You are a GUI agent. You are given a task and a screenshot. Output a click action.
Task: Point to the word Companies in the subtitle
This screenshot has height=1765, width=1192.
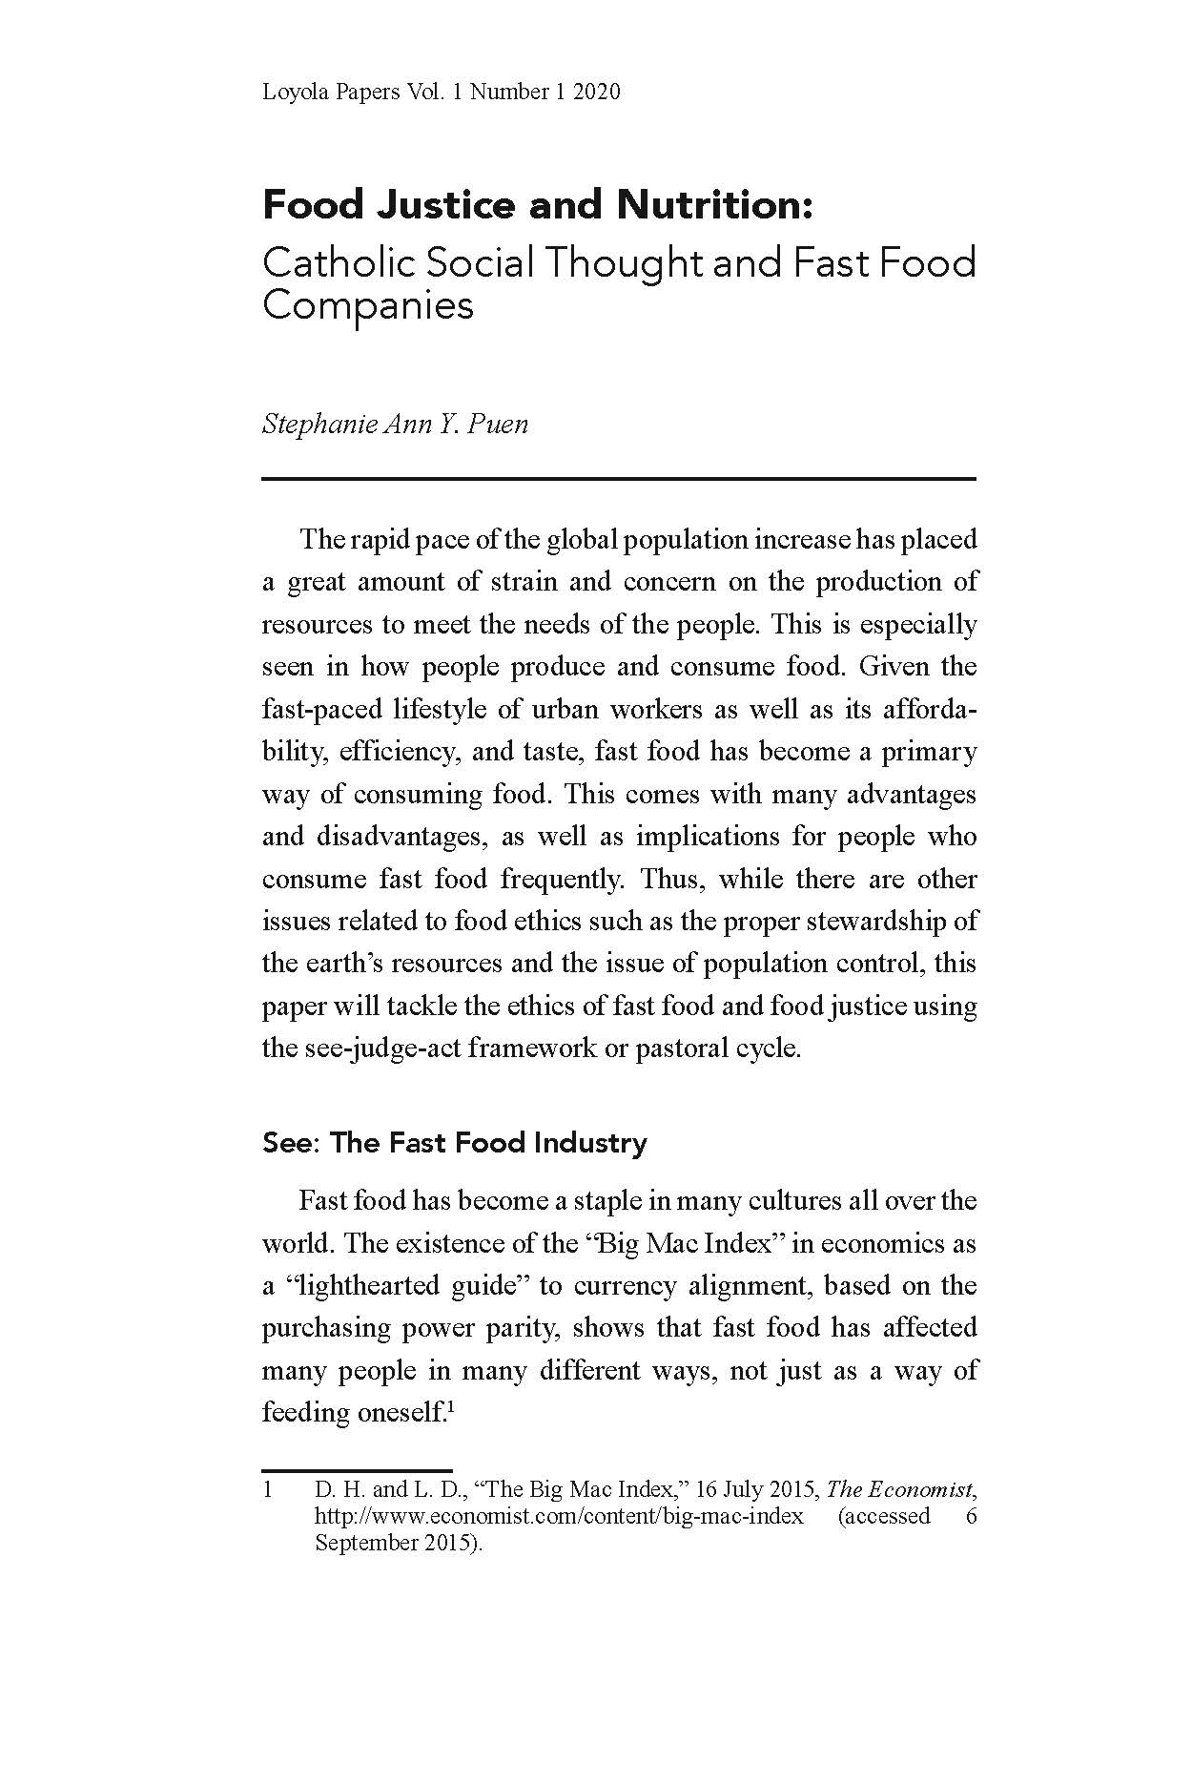(x=367, y=306)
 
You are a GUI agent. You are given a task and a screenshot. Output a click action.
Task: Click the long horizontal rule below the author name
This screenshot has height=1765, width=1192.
(x=619, y=478)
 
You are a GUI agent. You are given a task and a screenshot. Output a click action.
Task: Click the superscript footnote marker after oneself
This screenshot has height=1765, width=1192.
(x=448, y=1405)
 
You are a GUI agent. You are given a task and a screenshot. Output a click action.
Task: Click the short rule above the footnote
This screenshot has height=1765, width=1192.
(x=357, y=1470)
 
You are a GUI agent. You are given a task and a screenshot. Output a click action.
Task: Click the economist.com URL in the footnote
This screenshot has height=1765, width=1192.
(x=559, y=1516)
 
